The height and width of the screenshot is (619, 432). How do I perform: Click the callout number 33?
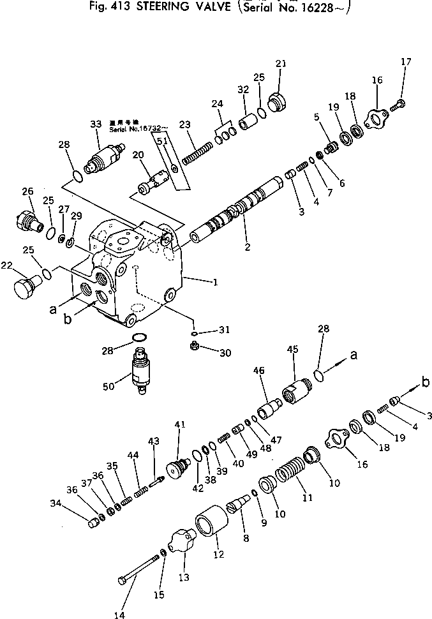[96, 124]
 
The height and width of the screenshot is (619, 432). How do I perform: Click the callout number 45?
[293, 349]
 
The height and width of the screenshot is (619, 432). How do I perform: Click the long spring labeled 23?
[195, 153]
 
